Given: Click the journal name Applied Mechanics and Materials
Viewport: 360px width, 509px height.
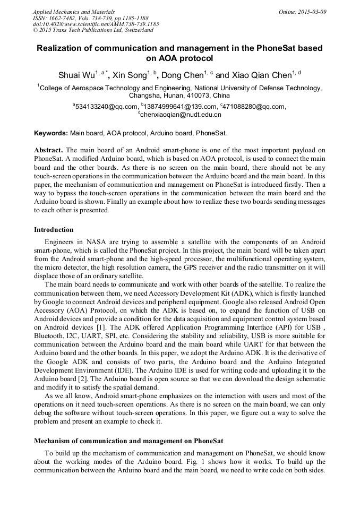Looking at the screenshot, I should tap(73, 11).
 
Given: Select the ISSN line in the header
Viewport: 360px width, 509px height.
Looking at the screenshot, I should tap(91, 18).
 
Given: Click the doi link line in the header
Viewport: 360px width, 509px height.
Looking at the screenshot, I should tap(96, 24).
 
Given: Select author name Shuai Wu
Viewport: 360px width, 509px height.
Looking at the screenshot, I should tap(76, 75).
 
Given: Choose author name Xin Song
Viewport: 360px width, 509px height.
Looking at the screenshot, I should tap(130, 75).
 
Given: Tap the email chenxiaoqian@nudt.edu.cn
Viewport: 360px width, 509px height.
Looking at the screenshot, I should tap(181, 114).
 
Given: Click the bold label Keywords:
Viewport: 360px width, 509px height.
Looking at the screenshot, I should tap(51, 133).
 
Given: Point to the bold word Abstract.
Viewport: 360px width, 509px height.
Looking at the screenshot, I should tap(48, 150).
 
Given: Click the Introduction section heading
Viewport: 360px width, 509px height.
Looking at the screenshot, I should tap(54, 230).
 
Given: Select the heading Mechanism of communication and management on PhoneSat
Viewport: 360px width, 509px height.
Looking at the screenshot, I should tap(128, 441).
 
